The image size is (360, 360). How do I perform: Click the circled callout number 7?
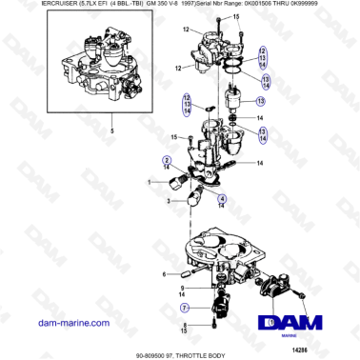(x=187, y=308)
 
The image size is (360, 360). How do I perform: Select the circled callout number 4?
(x=222, y=198)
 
